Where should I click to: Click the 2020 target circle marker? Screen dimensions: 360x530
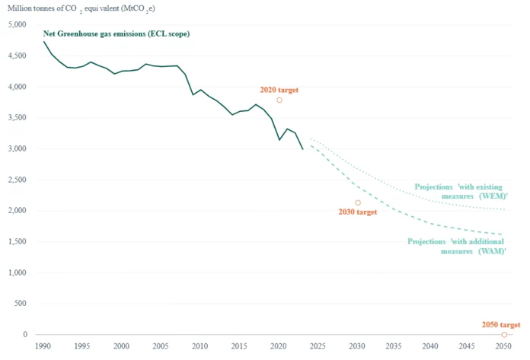coord(279,100)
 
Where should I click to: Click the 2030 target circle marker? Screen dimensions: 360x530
coord(358,203)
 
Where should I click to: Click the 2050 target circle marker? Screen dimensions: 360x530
coord(504,335)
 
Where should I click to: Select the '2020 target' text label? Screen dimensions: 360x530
coord(279,90)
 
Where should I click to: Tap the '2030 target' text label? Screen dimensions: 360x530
coord(358,212)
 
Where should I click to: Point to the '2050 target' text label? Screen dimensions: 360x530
coord(501,324)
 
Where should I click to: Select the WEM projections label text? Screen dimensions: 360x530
coord(458,191)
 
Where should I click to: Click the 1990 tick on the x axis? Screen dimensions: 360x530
coord(43,347)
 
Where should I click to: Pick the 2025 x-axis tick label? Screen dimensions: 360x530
coord(318,347)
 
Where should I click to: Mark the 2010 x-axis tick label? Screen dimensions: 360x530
coord(200,347)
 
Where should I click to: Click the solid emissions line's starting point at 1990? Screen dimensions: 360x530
coord(43,41)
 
